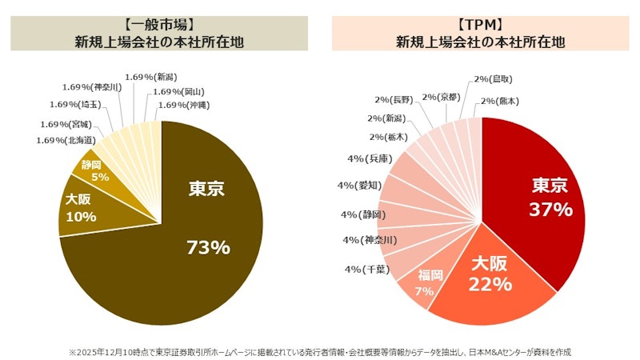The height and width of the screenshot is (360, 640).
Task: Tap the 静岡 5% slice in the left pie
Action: pos(100,170)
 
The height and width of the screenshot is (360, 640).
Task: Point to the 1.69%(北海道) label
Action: pos(66,140)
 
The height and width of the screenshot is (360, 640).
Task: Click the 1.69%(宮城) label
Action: pos(66,124)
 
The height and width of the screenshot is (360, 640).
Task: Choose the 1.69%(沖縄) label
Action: pos(185,104)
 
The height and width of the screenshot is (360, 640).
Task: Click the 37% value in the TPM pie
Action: pos(551,210)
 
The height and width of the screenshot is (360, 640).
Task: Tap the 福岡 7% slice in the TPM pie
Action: pos(424,283)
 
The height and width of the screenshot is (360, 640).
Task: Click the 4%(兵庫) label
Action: pos(369,159)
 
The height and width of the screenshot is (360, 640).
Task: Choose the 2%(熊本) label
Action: pos(499,101)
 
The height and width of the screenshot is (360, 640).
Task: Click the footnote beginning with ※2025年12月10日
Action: pos(320,351)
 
